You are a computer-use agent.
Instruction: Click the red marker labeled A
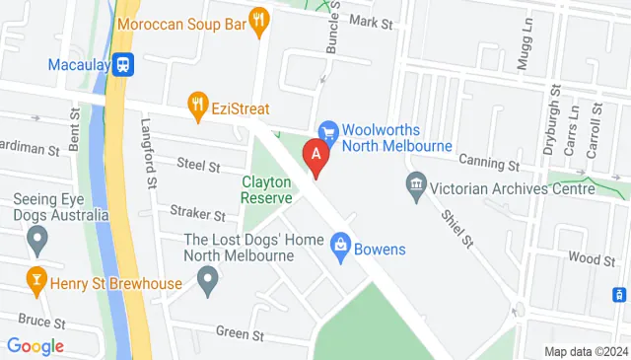pos(315,155)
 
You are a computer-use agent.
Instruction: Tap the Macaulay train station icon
pos(124,65)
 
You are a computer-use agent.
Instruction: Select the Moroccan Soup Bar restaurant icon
pos(260,20)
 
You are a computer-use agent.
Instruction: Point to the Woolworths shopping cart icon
pos(328,131)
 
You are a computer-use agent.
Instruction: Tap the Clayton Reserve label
pos(267,189)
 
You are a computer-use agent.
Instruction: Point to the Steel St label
pos(198,165)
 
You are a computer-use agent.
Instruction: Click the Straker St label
pos(197,213)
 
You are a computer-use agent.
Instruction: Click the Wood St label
pos(593,258)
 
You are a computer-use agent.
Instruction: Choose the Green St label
pos(244,335)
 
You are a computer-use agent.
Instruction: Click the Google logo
pos(35,346)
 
